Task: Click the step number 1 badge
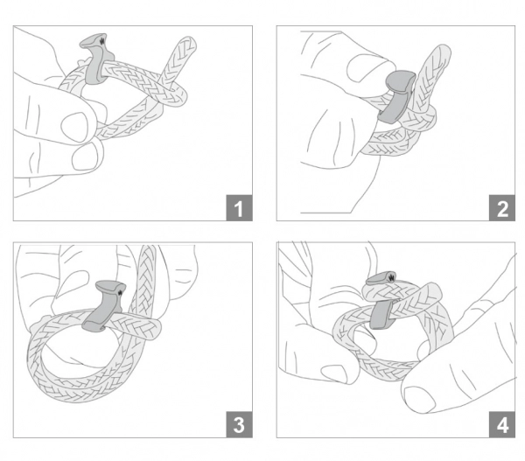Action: pos(239,207)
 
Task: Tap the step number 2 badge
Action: pos(502,207)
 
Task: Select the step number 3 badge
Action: pos(239,424)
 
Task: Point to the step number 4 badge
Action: pos(502,424)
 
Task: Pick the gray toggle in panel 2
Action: pos(397,95)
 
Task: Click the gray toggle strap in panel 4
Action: pos(381,314)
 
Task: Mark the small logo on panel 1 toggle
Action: pos(102,42)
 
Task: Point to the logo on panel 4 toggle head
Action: pos(391,277)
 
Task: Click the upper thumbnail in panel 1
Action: pos(74,127)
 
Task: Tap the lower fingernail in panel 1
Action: pos(84,157)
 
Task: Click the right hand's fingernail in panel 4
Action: pos(419,400)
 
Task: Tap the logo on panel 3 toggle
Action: pos(120,292)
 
